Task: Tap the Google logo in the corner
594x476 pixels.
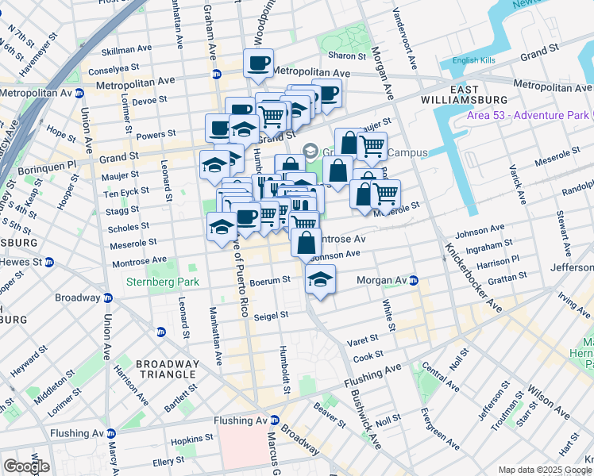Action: (26, 466)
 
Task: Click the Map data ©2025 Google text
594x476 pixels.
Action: (545, 470)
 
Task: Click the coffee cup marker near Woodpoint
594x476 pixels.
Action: (259, 63)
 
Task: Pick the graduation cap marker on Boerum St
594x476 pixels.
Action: (320, 279)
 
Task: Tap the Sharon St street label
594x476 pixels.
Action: (346, 56)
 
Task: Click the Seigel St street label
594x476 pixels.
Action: (271, 315)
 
